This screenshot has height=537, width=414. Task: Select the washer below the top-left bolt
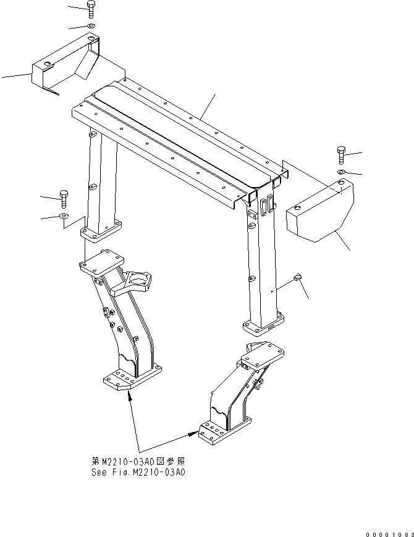coord(91,26)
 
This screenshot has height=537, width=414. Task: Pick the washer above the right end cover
coord(342,172)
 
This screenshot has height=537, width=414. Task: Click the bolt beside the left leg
coord(64,198)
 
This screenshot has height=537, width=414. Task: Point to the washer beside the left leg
coord(64,216)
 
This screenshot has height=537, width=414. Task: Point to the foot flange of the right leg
coord(264,323)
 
